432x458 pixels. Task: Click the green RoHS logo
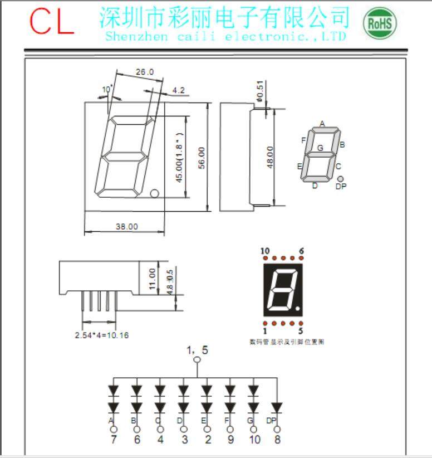(x=380, y=23)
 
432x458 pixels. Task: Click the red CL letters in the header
(x=52, y=22)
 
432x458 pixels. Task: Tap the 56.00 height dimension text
(x=202, y=158)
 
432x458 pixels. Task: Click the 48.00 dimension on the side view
(x=270, y=157)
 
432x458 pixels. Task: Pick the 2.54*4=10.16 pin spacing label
(x=97, y=335)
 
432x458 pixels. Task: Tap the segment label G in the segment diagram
(x=320, y=148)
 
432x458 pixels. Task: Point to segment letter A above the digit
(x=321, y=124)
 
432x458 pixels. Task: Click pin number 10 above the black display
(x=265, y=251)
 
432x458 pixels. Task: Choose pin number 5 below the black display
(x=301, y=331)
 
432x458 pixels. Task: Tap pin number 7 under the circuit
(x=113, y=440)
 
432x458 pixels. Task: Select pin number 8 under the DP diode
(x=277, y=440)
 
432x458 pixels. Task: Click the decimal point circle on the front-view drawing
(x=155, y=193)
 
